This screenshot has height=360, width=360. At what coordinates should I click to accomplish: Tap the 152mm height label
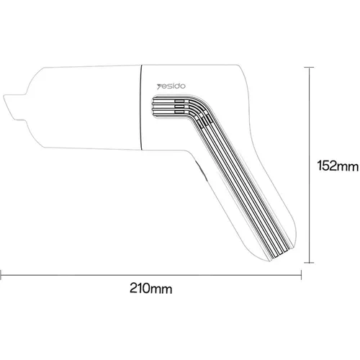[x=336, y=167]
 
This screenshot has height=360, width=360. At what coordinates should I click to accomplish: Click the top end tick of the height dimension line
[x=310, y=67]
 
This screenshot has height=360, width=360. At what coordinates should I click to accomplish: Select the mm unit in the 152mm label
[x=348, y=167]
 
